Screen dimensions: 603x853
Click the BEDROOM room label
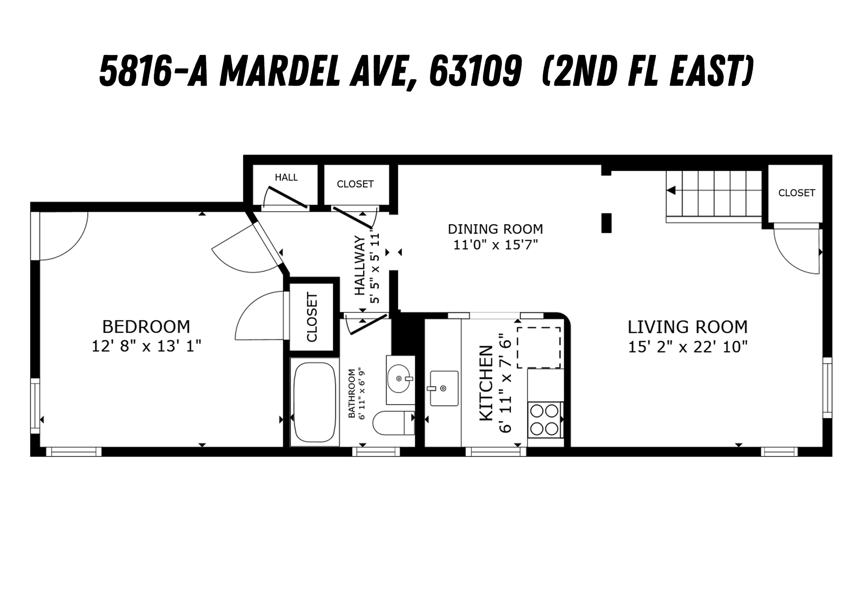(x=146, y=327)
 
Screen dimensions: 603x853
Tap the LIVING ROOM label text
(x=687, y=327)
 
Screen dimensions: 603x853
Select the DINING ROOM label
(x=495, y=229)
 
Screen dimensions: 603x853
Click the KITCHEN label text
(x=486, y=383)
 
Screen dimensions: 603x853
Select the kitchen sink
(x=444, y=388)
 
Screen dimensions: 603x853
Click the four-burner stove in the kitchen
(x=545, y=419)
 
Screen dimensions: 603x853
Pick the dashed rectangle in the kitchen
(x=539, y=348)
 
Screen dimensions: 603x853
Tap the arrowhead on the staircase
(x=671, y=190)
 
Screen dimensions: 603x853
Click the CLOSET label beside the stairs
(x=796, y=193)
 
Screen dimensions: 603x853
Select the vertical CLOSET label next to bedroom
(x=312, y=317)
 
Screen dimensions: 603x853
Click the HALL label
(x=286, y=177)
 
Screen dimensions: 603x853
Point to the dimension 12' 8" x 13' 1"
(x=146, y=346)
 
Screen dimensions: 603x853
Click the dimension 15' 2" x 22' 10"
(x=688, y=347)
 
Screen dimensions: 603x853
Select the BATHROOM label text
(x=352, y=393)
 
